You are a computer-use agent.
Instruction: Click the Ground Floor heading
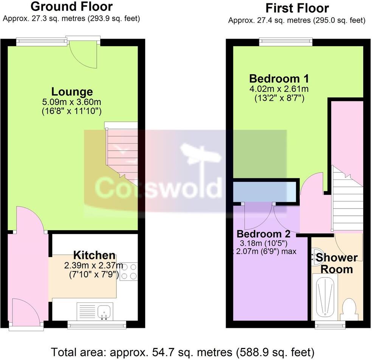71,7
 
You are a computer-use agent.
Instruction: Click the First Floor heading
297,8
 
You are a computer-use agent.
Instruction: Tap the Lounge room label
72,92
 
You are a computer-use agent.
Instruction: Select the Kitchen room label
94,255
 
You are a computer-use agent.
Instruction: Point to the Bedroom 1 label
279,79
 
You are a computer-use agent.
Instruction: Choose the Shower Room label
336,263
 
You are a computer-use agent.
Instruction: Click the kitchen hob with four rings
129,271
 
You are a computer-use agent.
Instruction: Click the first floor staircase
347,201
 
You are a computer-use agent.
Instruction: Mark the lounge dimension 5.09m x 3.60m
72,102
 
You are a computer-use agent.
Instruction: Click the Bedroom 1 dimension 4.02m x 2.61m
279,89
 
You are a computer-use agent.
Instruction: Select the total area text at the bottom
183,352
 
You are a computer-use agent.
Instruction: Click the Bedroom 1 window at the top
286,42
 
